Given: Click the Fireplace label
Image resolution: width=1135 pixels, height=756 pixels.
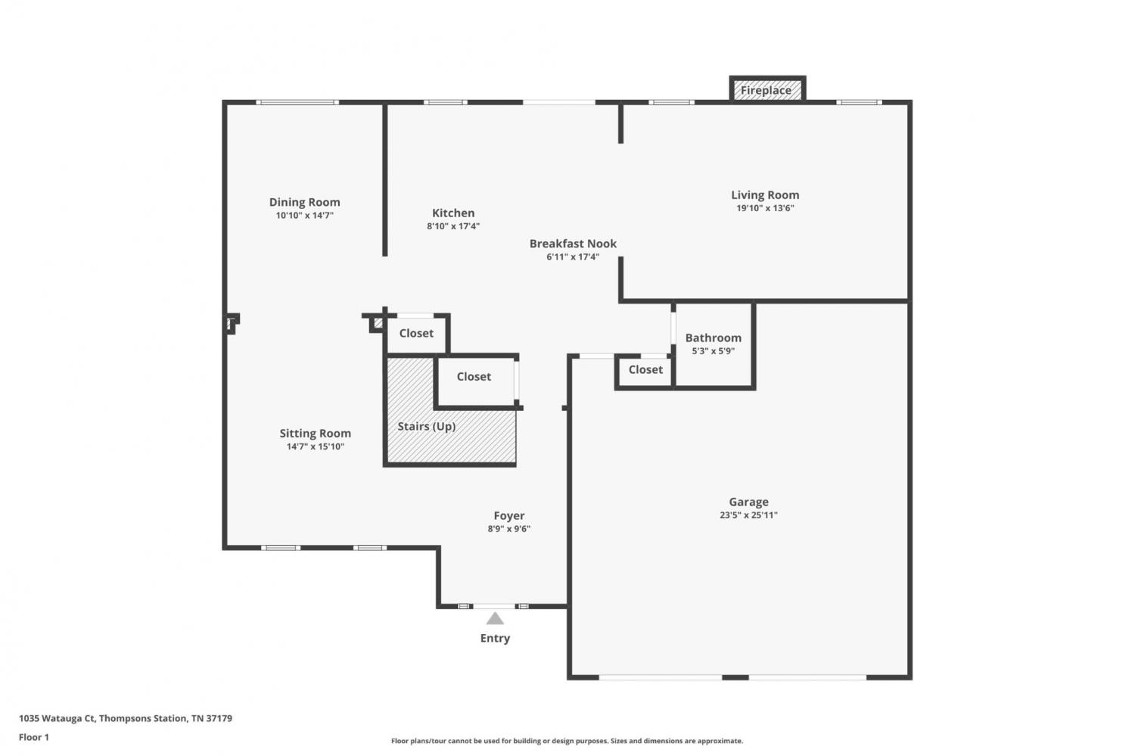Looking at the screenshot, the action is [766, 90].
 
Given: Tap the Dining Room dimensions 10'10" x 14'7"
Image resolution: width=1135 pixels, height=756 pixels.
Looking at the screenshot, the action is [304, 216].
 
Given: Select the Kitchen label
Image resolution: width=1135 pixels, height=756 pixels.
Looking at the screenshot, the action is [453, 213].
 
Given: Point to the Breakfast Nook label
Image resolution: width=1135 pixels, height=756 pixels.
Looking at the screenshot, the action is [573, 243].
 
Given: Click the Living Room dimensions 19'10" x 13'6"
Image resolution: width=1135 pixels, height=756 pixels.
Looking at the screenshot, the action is [765, 208].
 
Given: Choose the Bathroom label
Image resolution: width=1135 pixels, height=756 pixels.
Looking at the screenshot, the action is [713, 338].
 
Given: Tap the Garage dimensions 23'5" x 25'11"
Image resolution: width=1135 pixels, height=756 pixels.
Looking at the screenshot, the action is [748, 515].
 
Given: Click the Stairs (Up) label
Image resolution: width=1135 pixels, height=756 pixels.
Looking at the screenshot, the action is [426, 426].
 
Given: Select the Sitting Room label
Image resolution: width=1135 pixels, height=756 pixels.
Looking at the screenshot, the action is [316, 433].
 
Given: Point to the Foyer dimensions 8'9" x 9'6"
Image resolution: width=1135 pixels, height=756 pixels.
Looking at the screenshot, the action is [508, 529].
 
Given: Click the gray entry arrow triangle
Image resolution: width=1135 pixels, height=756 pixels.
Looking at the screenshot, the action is [495, 619].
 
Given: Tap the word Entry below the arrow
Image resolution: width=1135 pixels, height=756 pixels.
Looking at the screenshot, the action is [495, 638].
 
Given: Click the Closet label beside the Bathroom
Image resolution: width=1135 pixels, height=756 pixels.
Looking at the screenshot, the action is [645, 369].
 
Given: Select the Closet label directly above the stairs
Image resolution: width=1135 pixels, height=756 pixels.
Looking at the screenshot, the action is [474, 376].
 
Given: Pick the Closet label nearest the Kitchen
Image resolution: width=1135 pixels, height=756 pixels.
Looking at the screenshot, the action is [416, 333].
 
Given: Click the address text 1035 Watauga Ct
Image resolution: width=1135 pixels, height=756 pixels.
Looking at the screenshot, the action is [58, 718].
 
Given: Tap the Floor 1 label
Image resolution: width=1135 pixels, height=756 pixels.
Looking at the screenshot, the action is [34, 737].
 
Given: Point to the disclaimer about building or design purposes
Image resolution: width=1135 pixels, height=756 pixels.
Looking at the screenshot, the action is [567, 741].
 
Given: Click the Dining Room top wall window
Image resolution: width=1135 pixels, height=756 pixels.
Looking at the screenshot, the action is [297, 102].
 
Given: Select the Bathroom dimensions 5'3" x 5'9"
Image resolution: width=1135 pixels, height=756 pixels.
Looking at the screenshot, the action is [713, 351].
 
